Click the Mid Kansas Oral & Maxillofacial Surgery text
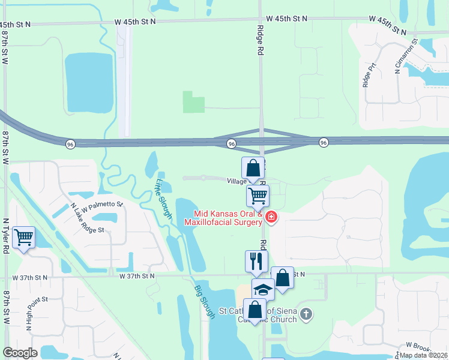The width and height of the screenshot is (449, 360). point(228,218)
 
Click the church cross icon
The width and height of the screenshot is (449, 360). point(306,313)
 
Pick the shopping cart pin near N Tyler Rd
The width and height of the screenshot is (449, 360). point(23,238)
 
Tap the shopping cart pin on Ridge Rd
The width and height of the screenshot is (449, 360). point(258,195)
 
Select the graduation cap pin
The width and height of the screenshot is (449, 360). point(262,289)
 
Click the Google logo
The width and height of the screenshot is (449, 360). point(20,353)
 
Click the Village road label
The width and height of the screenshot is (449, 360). point(237,181)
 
